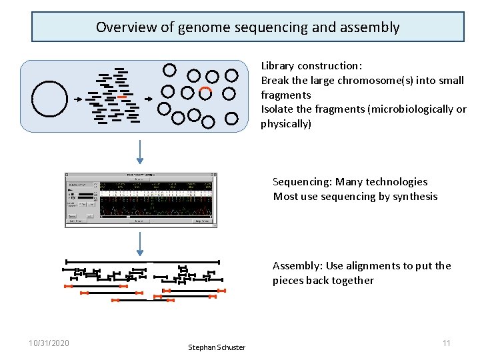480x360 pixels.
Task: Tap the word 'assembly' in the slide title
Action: coord(370,27)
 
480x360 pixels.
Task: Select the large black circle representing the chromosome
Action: coord(50,99)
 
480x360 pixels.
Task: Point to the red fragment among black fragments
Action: coord(121,97)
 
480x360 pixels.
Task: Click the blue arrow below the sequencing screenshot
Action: coord(140,244)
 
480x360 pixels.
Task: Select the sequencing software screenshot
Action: coord(141,200)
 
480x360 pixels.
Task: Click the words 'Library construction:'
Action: coord(311,66)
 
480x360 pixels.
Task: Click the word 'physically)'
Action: coord(286,124)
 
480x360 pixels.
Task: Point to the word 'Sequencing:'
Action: coord(302,182)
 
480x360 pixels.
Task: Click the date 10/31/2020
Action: coord(49,343)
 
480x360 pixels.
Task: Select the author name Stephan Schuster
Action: coord(217,347)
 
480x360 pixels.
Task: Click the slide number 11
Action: coord(447,343)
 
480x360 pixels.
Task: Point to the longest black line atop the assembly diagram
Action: coord(143,262)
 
